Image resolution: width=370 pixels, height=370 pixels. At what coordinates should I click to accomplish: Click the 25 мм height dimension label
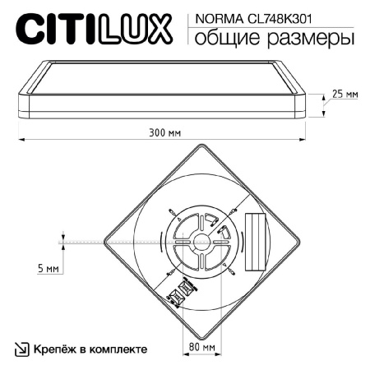click(345, 95)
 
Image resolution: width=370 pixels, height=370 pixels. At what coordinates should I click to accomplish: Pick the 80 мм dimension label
click(201, 347)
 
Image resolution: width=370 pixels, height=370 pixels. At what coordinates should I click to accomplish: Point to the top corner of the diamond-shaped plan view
click(201, 144)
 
